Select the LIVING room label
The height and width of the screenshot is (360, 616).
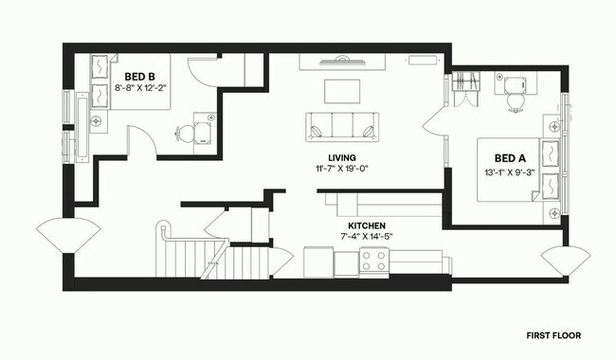click(x=341, y=158)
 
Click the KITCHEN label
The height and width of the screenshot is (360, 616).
click(x=366, y=225)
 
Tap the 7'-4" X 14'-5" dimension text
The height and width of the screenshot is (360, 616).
click(x=366, y=237)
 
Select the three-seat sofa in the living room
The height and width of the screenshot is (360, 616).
click(x=340, y=125)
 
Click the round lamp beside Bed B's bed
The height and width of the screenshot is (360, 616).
click(x=97, y=123)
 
